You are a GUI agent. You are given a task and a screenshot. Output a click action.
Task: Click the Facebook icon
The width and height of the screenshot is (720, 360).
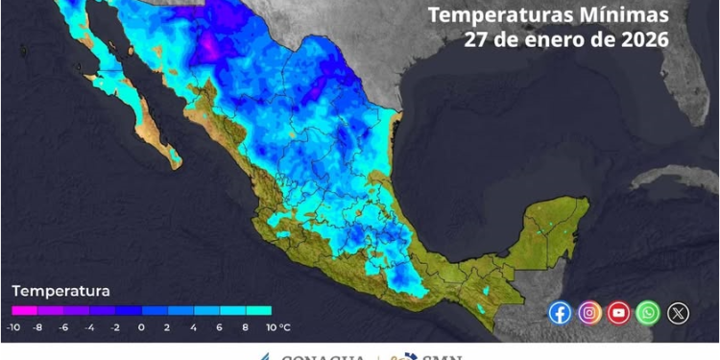[561, 312]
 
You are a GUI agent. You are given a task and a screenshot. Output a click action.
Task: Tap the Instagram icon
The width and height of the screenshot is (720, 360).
[589, 312]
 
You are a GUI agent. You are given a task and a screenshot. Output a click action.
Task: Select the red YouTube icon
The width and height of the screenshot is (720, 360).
[619, 312]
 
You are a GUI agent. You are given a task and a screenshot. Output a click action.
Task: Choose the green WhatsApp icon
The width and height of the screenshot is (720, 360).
[649, 312]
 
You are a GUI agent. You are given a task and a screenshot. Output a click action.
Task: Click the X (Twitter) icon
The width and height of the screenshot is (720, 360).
[678, 312]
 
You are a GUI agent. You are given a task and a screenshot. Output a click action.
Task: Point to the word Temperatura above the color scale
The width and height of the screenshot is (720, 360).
[60, 290]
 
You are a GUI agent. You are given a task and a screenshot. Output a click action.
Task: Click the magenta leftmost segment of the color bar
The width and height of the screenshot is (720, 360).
[24, 311]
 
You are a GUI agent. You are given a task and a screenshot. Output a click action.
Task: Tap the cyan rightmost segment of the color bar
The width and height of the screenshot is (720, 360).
[258, 311]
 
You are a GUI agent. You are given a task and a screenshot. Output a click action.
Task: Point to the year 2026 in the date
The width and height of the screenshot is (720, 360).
[643, 40]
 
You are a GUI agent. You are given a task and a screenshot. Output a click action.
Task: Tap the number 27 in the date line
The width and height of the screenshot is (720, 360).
[476, 40]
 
